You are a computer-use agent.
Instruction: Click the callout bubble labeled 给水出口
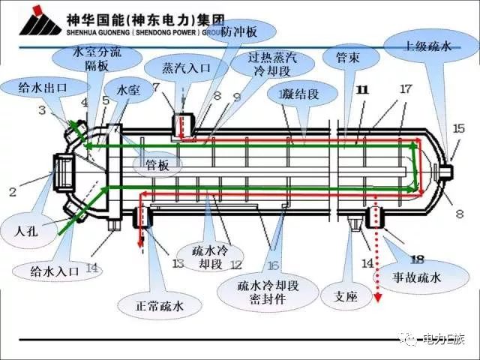tap(43, 87)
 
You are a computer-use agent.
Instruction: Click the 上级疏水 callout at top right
tap(427, 46)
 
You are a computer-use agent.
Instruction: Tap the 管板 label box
tap(157, 164)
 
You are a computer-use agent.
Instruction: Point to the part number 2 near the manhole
tap(13, 192)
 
